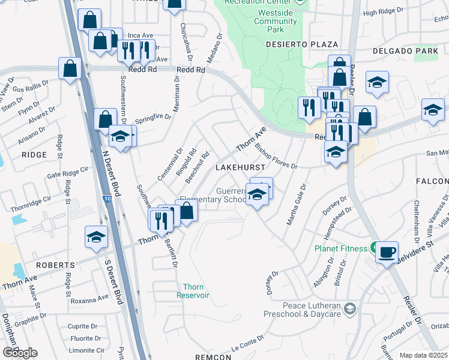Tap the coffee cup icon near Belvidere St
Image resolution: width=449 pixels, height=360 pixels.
[x=387, y=252]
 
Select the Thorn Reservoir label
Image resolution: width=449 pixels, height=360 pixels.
[x=193, y=291]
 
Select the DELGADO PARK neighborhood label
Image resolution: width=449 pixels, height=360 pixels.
[x=405, y=51]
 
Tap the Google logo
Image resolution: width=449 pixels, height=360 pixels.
[x=20, y=352]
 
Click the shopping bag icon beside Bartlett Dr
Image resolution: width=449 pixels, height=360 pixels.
[x=186, y=211]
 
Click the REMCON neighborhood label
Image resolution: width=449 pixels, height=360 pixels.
[x=213, y=357]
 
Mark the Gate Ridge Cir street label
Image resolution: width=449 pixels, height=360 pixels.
[x=67, y=174]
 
